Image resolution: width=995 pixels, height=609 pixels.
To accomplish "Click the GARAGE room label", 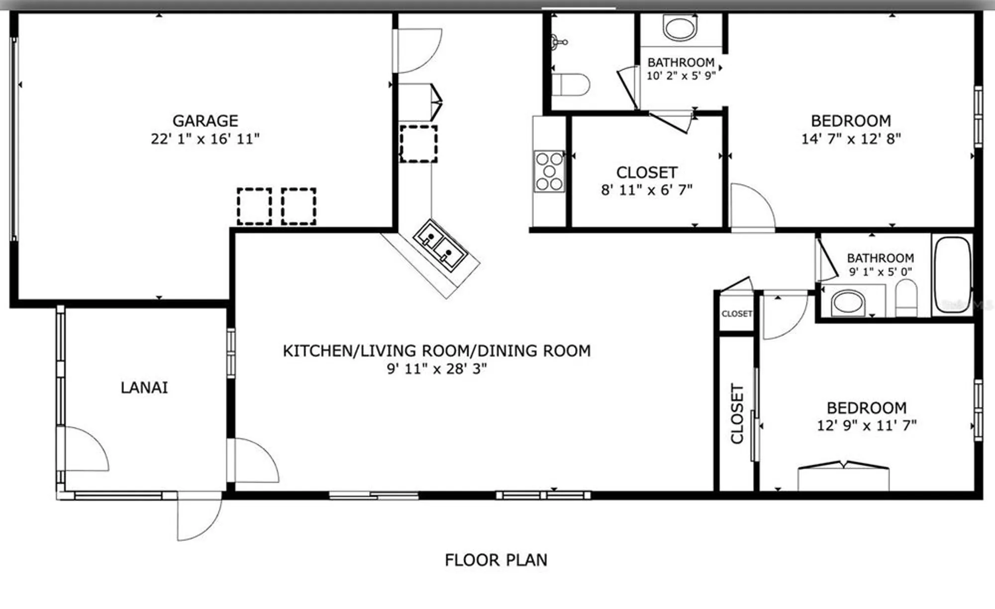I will [205, 121].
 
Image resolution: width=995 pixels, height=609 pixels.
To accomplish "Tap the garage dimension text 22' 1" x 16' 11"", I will [205, 139].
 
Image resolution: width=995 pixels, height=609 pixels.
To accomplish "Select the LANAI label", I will [144, 388].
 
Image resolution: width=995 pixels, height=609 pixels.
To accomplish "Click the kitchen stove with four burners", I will [549, 172].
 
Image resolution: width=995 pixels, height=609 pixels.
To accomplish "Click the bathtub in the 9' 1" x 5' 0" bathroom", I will [952, 275].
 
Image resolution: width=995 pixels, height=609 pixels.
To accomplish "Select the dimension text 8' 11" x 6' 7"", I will [647, 190].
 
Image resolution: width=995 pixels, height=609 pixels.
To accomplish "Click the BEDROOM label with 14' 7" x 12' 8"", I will [851, 121].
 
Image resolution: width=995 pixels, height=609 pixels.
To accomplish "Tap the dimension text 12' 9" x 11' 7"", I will [867, 426].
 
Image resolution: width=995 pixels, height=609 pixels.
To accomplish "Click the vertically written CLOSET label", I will [737, 413].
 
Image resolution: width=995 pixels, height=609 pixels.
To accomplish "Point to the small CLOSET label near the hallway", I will [736, 314].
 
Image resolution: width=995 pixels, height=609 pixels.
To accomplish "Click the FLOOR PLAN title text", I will [496, 560].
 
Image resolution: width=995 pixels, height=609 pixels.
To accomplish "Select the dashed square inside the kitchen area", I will [418, 144].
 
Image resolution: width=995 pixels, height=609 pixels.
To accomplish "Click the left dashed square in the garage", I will [254, 206].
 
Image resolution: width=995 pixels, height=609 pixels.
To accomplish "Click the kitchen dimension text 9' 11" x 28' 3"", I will [437, 369].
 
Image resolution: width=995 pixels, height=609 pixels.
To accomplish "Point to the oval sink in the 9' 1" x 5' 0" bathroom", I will [848, 302].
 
